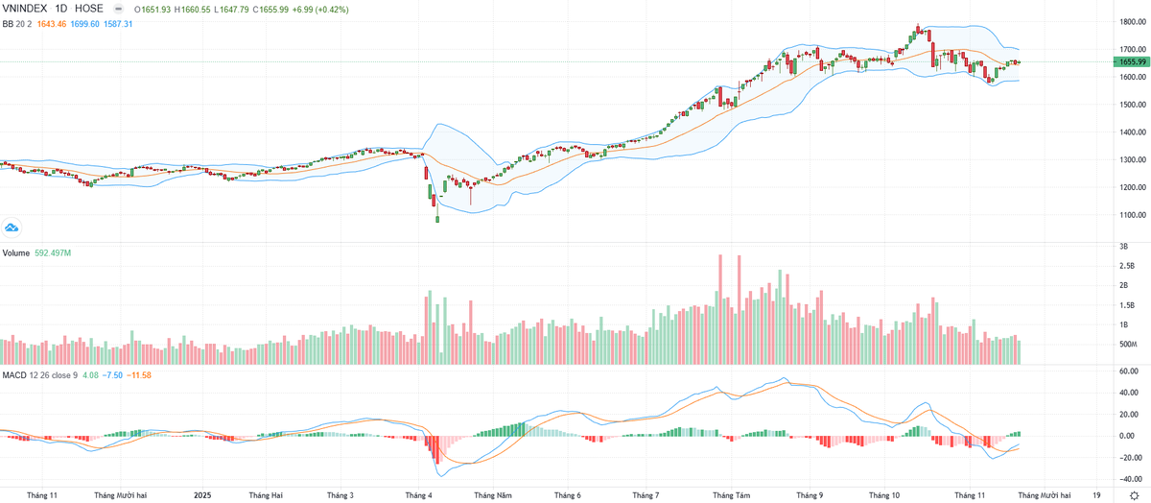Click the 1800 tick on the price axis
(x=1128, y=21)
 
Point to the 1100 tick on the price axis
(x=1128, y=215)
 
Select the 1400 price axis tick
(x=1128, y=132)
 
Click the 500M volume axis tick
(x=1128, y=344)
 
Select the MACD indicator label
(x=14, y=373)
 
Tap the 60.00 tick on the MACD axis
(x=1128, y=371)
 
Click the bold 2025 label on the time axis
(x=202, y=495)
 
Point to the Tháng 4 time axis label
(x=419, y=495)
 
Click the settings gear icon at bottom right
(x=1133, y=495)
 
